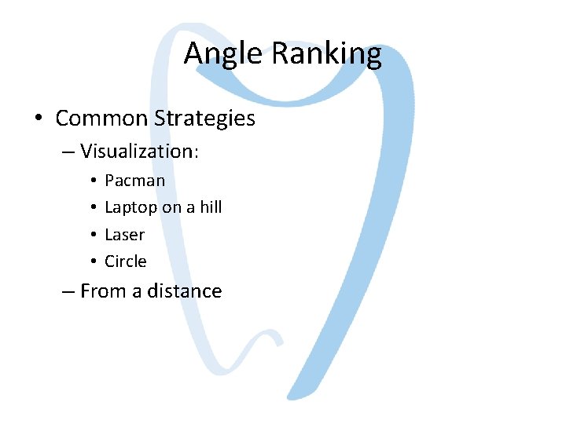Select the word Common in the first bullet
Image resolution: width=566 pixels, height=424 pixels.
point(101,119)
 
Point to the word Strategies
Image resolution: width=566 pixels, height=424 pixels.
point(205,119)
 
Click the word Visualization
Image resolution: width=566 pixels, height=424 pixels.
point(138,151)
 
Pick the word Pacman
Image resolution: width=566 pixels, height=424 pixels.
point(134,181)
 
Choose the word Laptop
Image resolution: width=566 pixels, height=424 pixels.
point(130,208)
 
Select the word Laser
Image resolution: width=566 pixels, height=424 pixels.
point(124,235)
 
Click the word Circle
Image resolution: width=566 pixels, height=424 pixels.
point(125,261)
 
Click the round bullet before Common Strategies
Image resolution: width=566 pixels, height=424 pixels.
point(39,119)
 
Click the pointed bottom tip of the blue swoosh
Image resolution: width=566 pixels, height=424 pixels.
point(289,398)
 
